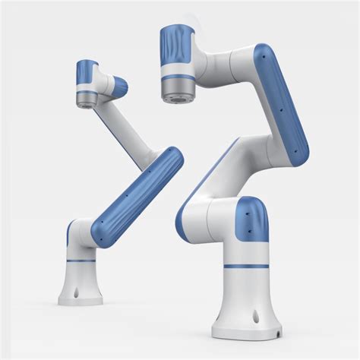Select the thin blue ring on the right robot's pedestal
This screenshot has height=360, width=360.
(245, 266)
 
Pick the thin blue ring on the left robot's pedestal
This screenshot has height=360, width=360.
(81, 261)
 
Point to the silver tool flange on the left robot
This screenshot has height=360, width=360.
(86, 96)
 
